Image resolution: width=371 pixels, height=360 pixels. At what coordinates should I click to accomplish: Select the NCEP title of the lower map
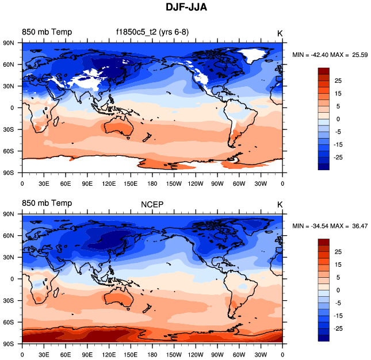click(x=152, y=204)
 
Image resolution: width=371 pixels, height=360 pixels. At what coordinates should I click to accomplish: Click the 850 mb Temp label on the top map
click(x=47, y=32)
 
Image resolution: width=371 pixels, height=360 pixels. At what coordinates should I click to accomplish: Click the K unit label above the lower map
click(x=280, y=204)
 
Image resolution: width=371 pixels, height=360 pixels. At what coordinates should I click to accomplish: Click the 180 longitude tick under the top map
click(x=152, y=183)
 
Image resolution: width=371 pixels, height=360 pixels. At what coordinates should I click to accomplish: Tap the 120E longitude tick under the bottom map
click(x=109, y=355)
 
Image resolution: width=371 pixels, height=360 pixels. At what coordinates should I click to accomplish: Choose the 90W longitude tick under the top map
click(x=217, y=183)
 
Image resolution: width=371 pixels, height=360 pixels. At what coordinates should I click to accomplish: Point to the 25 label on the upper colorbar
click(x=338, y=81)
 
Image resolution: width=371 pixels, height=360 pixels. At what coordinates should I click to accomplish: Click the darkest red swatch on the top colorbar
click(x=324, y=71)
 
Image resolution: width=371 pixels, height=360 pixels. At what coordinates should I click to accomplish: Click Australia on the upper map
click(x=119, y=129)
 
